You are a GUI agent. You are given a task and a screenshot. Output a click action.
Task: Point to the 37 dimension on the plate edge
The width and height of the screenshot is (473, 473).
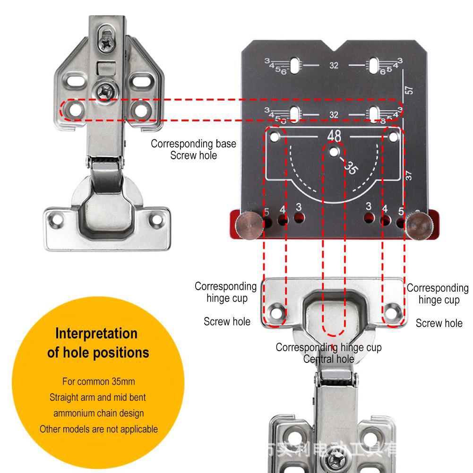tap(409, 175)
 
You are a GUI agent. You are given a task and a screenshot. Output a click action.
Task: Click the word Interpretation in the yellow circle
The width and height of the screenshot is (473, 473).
tap(96, 333)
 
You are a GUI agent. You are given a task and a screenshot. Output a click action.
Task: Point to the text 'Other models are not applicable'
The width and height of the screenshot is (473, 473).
tap(99, 429)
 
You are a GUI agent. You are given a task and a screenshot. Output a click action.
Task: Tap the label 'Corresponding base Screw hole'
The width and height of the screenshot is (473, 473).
tap(193, 149)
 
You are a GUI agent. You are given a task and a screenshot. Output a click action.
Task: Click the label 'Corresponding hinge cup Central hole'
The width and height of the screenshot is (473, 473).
tap(328, 353)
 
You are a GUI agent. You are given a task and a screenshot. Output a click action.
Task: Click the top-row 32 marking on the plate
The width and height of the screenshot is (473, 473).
tap(334, 66)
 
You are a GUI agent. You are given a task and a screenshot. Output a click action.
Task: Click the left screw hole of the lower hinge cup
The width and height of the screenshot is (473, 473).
tap(275, 312)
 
